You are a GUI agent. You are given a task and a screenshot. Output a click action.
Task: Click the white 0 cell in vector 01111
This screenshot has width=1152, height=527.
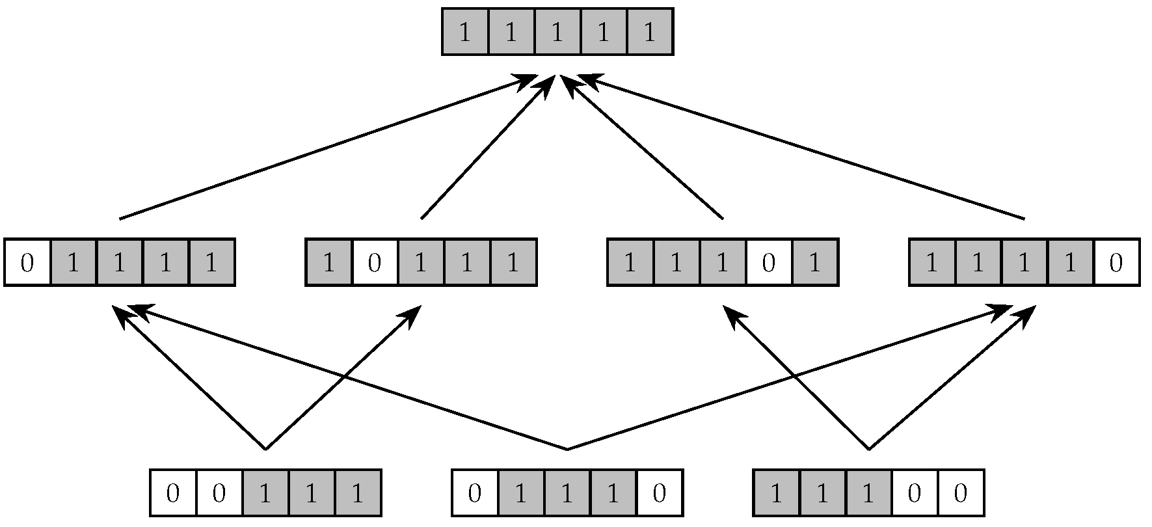(27, 263)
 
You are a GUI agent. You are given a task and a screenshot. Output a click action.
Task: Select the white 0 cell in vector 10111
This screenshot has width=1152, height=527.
(375, 263)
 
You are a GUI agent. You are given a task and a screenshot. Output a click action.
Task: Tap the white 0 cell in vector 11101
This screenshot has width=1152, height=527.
(769, 263)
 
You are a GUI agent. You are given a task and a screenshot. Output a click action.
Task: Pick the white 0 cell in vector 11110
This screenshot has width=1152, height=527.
(1116, 263)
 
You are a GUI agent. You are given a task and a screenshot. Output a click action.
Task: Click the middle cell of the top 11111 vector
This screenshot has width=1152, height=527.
(557, 32)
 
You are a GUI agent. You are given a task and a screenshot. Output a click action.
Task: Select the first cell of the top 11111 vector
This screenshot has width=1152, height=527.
(465, 32)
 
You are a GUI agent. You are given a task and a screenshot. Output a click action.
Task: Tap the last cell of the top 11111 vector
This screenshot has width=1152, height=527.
(649, 32)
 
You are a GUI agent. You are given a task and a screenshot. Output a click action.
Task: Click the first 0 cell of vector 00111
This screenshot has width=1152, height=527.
(173, 493)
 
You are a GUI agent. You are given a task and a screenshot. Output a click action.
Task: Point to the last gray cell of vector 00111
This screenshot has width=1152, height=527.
(357, 493)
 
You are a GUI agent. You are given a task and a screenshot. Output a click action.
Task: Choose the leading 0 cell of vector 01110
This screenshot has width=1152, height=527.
(475, 493)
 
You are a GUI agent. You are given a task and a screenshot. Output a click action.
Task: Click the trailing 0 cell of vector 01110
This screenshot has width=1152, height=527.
(659, 493)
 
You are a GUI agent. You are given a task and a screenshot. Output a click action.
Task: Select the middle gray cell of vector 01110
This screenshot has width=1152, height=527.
(567, 493)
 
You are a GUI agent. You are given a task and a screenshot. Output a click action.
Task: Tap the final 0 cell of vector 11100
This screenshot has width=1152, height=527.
(960, 493)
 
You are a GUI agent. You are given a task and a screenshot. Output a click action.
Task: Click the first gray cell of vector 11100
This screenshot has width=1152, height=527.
(776, 493)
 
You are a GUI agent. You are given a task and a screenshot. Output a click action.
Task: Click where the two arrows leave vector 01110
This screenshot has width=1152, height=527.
(567, 449)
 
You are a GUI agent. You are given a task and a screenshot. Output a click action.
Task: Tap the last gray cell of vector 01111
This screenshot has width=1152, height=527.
(211, 263)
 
